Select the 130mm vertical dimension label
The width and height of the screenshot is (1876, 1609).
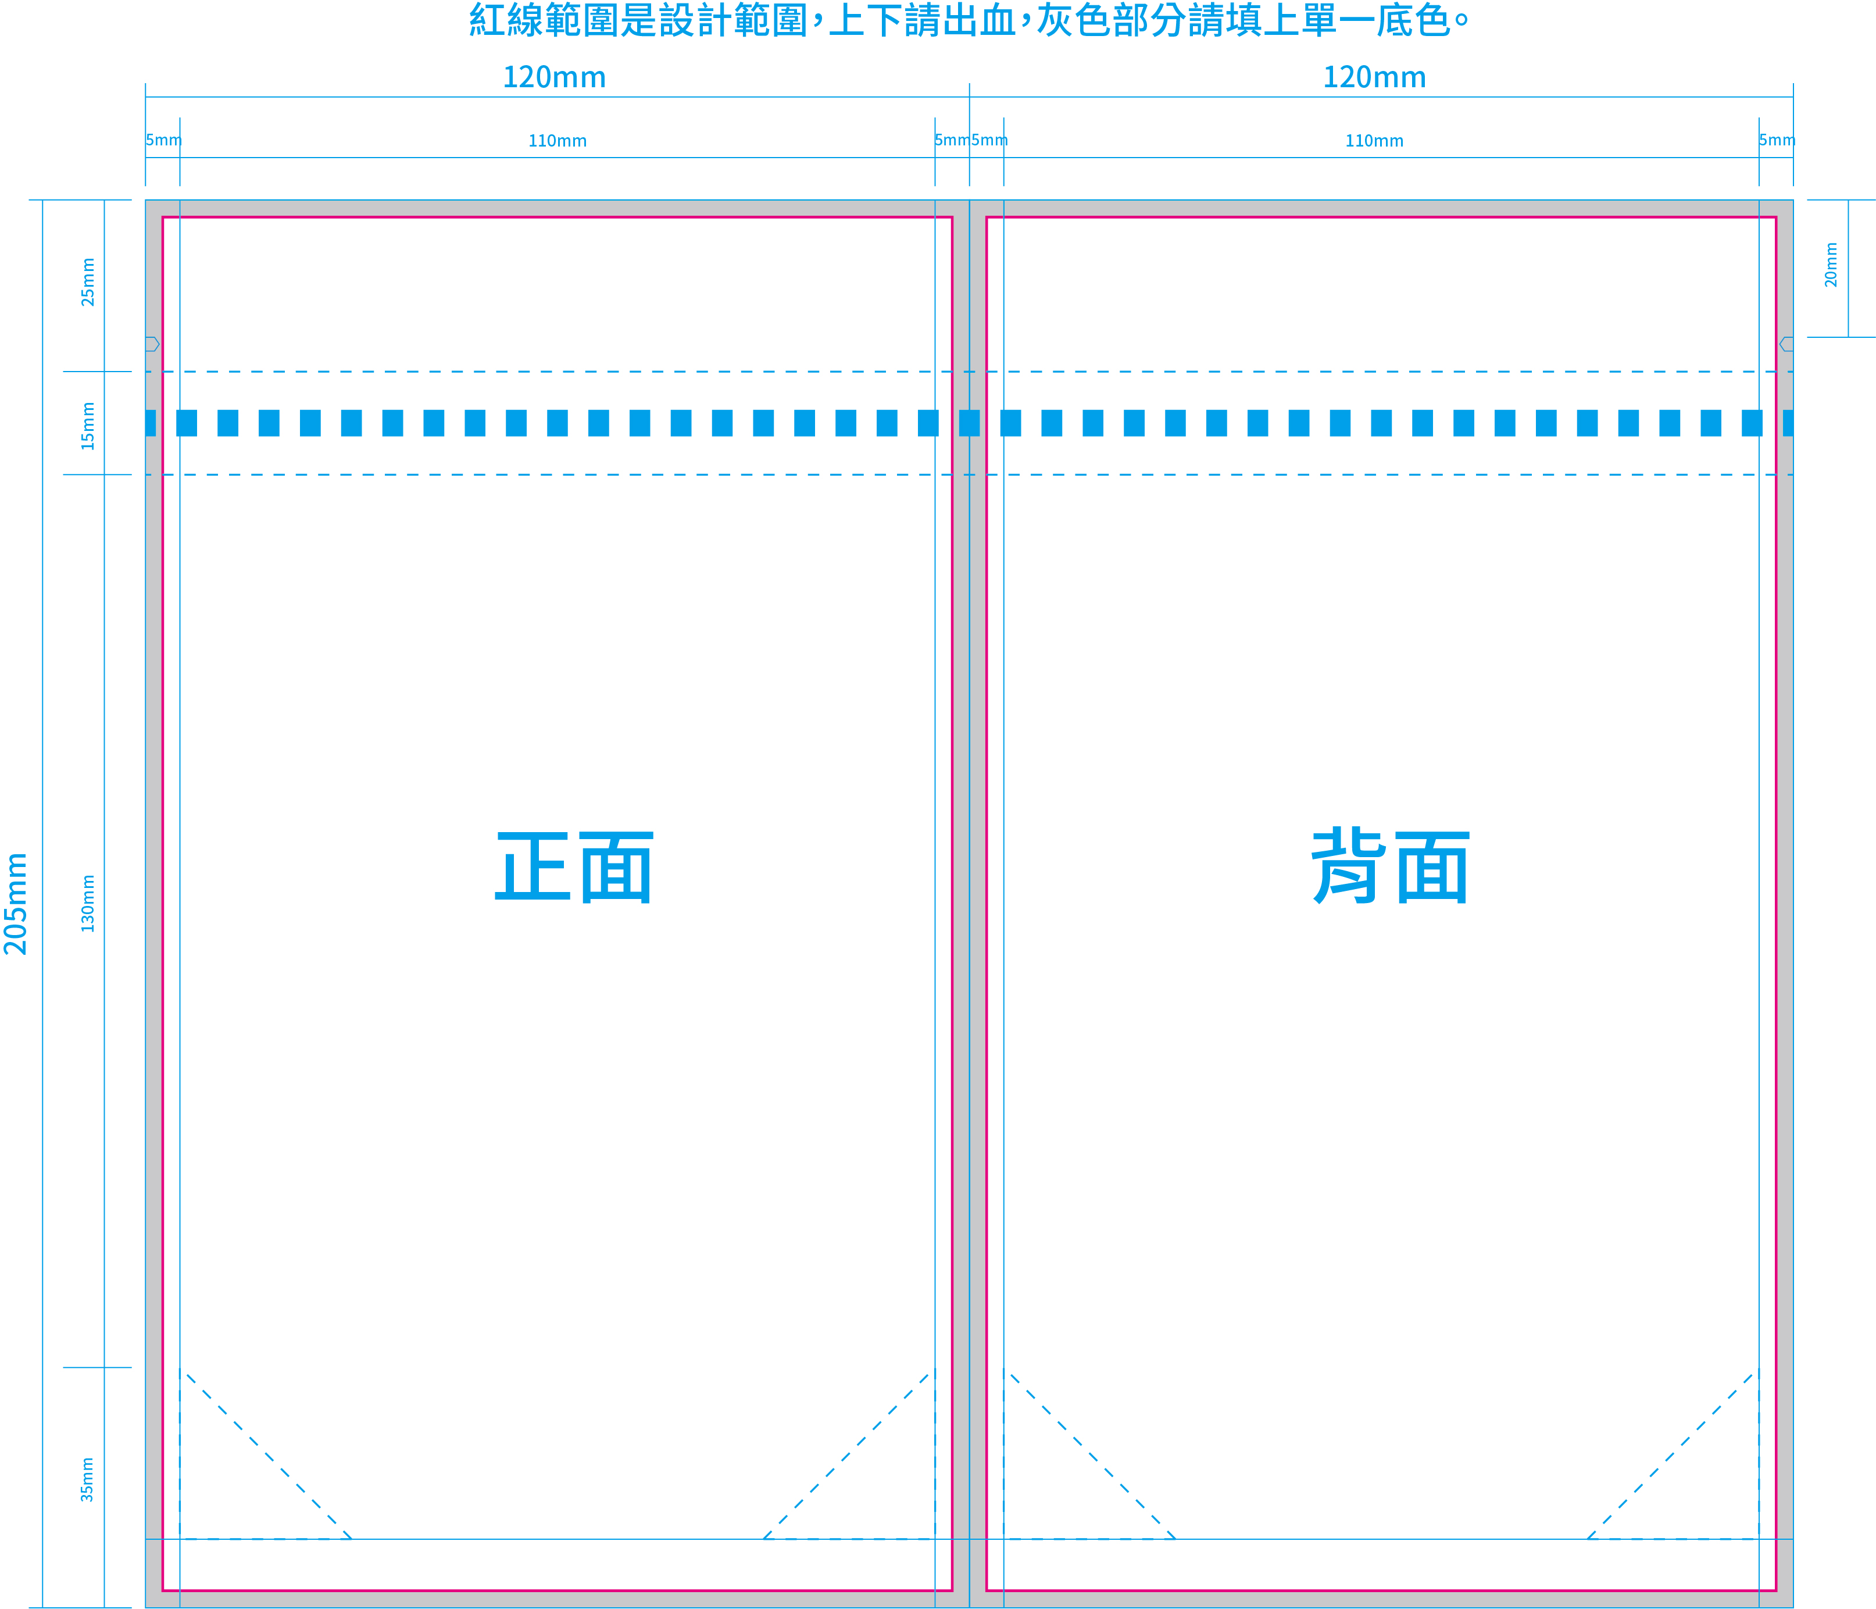[x=88, y=904]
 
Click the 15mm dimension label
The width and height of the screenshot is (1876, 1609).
[x=88, y=426]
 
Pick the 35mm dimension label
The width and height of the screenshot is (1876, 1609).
[x=88, y=1479]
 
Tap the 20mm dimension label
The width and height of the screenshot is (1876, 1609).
[x=1831, y=265]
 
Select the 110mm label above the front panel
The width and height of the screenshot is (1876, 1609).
[x=558, y=140]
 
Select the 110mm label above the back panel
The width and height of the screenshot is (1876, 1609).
[x=1374, y=140]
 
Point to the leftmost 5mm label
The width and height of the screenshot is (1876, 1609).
[x=164, y=140]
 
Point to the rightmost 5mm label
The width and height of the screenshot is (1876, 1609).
[x=1777, y=140]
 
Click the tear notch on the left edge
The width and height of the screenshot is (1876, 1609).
[x=152, y=344]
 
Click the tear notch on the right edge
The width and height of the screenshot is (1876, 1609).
[x=1786, y=344]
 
